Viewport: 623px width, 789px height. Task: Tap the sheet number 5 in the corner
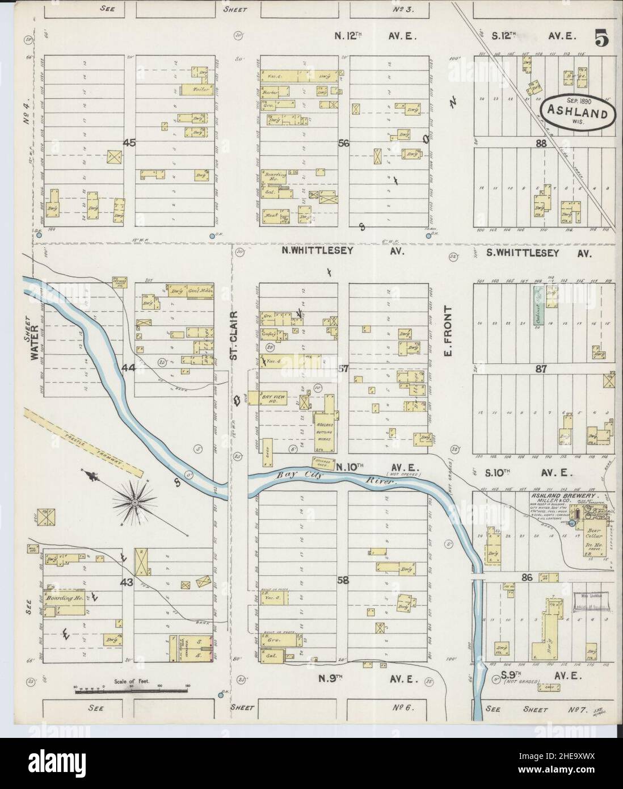602,39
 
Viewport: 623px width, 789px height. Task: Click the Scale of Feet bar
132,689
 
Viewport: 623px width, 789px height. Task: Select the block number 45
129,144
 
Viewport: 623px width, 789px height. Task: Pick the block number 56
343,144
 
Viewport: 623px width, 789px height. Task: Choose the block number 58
343,581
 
